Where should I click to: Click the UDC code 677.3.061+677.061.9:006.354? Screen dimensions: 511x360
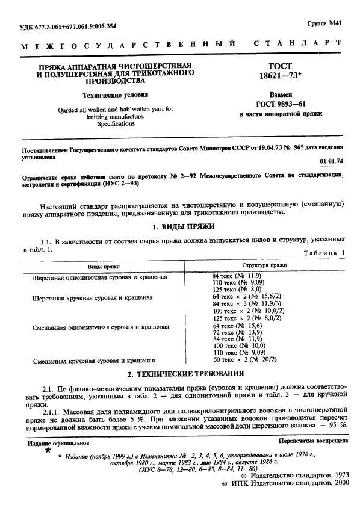tap(77, 26)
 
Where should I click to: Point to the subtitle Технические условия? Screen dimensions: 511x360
tap(116, 95)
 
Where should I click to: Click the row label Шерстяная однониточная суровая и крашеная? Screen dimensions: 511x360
tap(99, 277)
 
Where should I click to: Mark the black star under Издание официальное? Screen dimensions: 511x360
tap(48, 450)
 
